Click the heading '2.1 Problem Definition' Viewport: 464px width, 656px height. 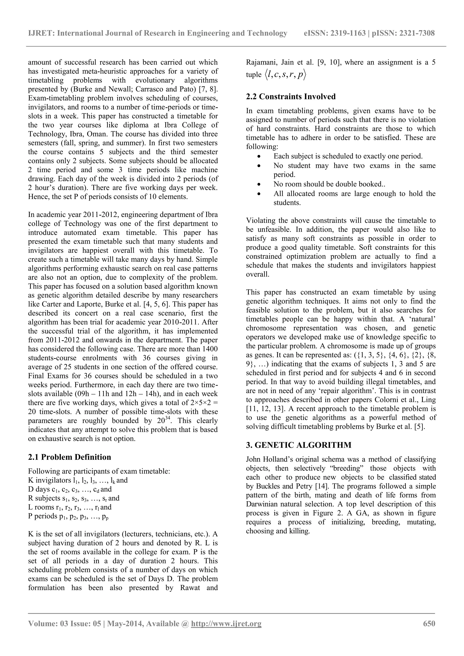click(x=70, y=457)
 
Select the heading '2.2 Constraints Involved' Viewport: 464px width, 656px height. click(x=291, y=96)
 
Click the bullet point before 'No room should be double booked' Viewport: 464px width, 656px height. click(x=259, y=184)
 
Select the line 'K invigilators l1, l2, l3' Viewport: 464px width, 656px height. click(x=78, y=480)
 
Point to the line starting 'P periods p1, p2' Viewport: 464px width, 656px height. click(x=68, y=516)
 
